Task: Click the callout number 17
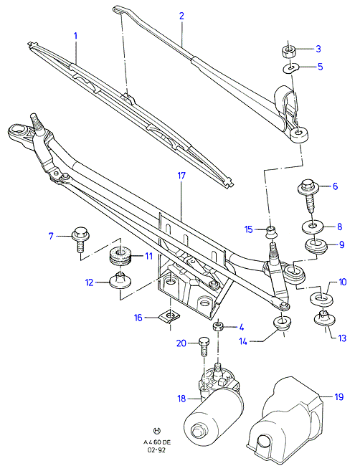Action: [x=181, y=176]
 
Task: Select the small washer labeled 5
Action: [x=290, y=69]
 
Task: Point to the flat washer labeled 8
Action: [x=313, y=227]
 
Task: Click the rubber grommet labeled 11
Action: [x=120, y=256]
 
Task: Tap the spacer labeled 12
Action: [x=120, y=280]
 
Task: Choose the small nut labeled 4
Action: [x=219, y=326]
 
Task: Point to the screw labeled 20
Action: [x=204, y=346]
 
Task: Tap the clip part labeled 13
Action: [x=324, y=318]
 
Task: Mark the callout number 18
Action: [x=181, y=398]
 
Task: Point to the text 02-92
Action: [x=156, y=450]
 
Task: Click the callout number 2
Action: [x=181, y=16]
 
